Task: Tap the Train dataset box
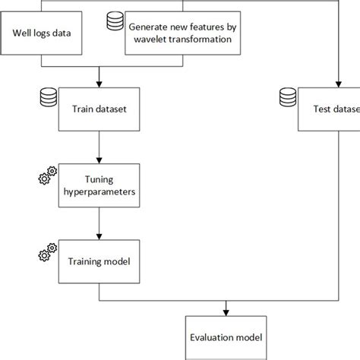(99, 109)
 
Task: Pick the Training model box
(99, 261)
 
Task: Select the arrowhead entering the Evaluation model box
(226, 311)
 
